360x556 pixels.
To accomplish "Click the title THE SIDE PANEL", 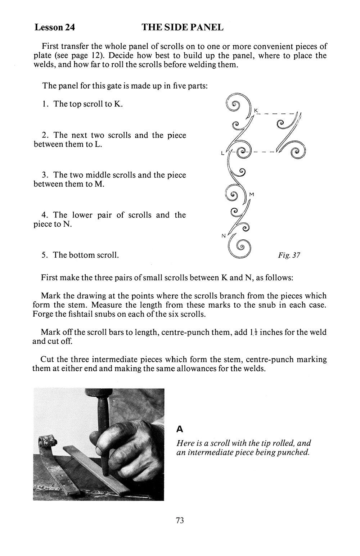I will [183, 27].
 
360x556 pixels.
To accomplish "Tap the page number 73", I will [180, 520].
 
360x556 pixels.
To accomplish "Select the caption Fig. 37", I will [289, 255].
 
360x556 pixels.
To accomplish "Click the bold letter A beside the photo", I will [180, 429].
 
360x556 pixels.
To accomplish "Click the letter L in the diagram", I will [223, 153].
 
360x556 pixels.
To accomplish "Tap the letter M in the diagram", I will [252, 195].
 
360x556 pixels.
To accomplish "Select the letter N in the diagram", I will [223, 236].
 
